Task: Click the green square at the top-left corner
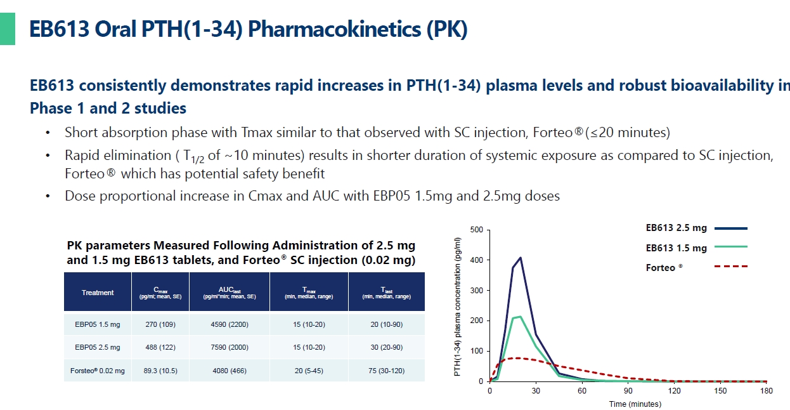point(7,30)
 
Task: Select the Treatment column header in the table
point(98,293)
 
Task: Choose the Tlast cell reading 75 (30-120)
point(385,370)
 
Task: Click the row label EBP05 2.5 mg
point(98,347)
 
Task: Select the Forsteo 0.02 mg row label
point(98,370)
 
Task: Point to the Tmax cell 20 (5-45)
point(309,370)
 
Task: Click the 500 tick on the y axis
point(477,230)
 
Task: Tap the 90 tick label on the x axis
point(628,391)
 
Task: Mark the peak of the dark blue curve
point(521,258)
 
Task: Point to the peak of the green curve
point(520,316)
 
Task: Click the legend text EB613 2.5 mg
point(676,228)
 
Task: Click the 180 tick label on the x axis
point(766,391)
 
